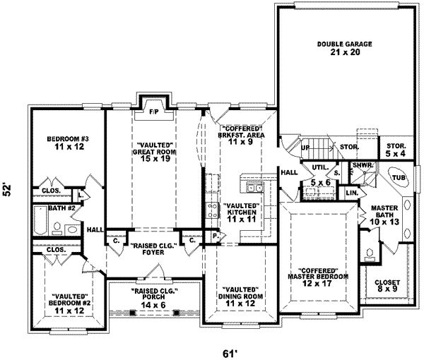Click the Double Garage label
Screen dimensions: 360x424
coord(334,47)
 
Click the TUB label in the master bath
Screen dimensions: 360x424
coord(399,177)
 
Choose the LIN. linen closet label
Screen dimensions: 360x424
coord(352,193)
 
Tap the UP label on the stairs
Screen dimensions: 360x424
coord(305,148)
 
